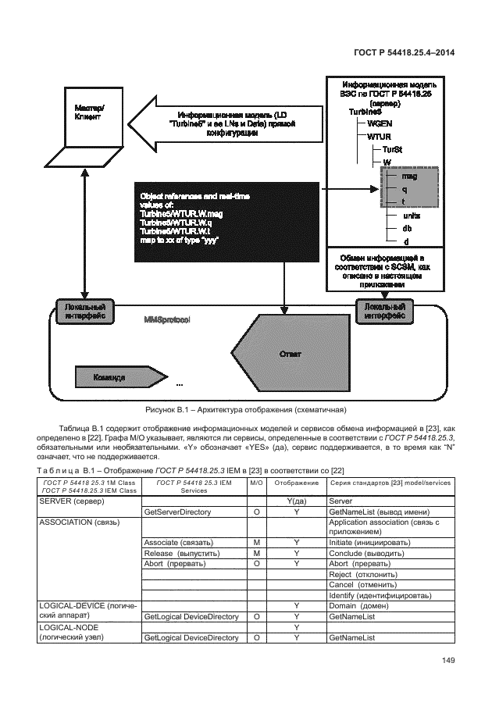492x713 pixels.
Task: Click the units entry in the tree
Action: [411, 215]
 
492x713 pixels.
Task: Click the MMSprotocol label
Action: [167, 320]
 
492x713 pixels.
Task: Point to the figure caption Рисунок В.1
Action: [245, 409]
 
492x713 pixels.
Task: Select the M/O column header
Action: [256, 483]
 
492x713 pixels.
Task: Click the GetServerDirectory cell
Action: [181, 511]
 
